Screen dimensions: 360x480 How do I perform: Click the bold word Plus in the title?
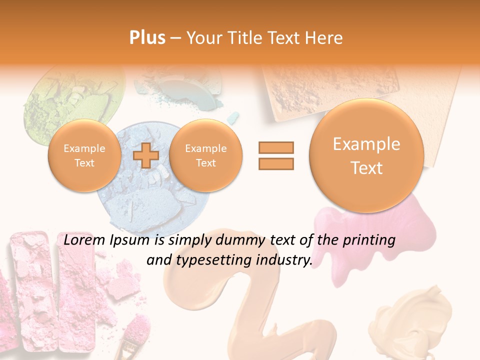click(x=147, y=38)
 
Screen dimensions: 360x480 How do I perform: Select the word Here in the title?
click(x=325, y=38)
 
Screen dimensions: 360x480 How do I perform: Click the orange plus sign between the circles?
click(x=145, y=155)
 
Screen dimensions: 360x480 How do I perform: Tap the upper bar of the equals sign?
click(x=276, y=147)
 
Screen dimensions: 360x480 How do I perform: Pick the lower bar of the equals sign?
click(x=276, y=163)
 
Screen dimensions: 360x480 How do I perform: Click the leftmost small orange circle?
click(x=84, y=155)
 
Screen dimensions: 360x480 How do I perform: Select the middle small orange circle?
click(x=205, y=155)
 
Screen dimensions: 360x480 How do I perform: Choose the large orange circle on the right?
click(x=366, y=155)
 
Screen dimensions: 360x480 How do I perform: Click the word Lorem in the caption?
click(x=82, y=240)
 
